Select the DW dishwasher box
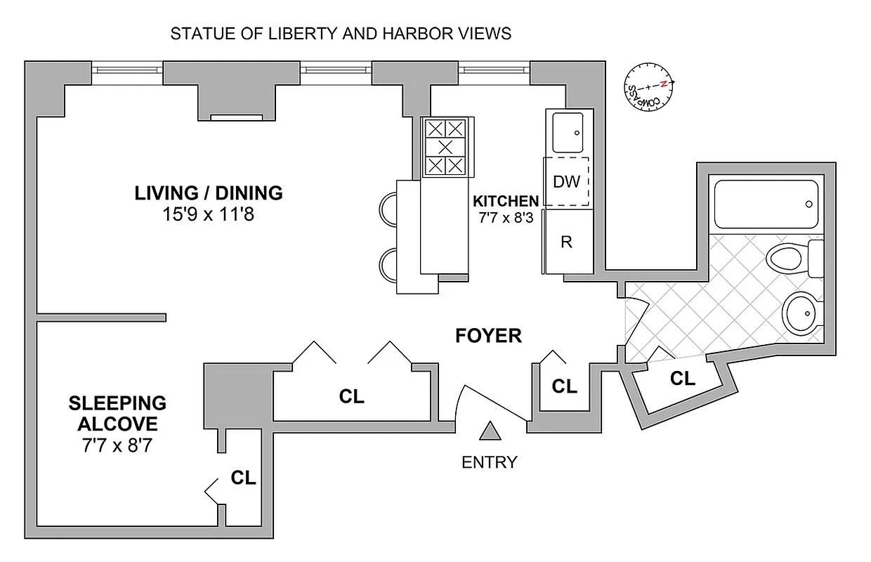[566, 182]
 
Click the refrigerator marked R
[566, 242]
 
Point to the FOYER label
[488, 336]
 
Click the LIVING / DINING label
[209, 192]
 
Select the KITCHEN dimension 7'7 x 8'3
[505, 218]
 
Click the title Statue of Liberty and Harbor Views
[341, 34]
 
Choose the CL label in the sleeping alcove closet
[243, 478]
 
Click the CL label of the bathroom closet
[682, 379]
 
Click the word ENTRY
[489, 462]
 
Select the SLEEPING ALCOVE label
[117, 414]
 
